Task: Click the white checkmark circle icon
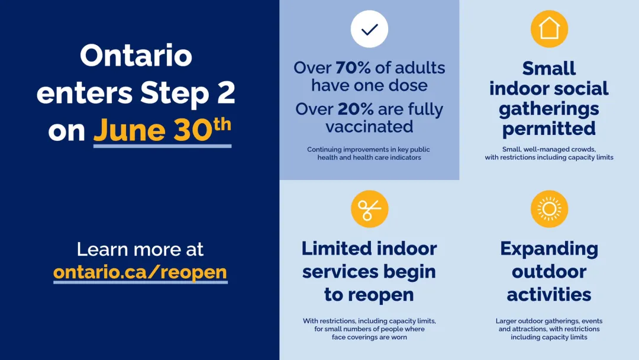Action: click(369, 29)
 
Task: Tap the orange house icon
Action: click(549, 29)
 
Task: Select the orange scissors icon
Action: click(369, 209)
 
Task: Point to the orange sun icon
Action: click(549, 209)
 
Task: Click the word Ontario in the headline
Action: click(136, 56)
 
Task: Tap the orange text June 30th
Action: click(162, 130)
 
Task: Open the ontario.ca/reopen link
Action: click(140, 272)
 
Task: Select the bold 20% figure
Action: click(356, 109)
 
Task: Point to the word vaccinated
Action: click(369, 126)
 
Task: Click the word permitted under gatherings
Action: click(549, 128)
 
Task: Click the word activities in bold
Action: click(549, 294)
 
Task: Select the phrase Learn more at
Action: click(140, 249)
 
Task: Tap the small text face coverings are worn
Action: click(369, 337)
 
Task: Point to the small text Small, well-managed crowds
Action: click(549, 149)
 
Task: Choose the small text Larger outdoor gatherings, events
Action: click(549, 321)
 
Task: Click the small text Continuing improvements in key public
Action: click(369, 150)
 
